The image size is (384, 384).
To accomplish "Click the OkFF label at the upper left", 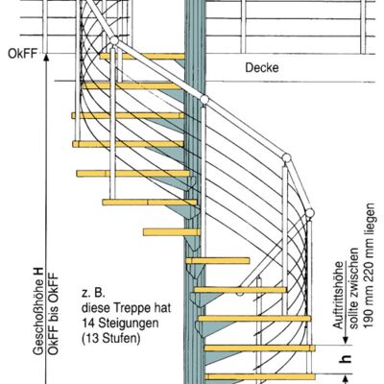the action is tap(23, 54).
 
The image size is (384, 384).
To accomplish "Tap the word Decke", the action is tap(262, 67).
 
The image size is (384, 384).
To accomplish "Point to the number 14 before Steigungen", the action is tap(87, 323).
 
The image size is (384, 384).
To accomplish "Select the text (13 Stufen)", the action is tap(111, 338).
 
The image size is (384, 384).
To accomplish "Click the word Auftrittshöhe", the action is tap(338, 295).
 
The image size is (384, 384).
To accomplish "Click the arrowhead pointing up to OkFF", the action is tap(46, 58).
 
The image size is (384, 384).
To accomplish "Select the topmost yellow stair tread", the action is tap(142, 57).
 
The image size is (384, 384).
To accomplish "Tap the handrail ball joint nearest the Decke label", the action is tap(204, 99).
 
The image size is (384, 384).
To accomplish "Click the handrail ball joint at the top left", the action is tap(114, 40).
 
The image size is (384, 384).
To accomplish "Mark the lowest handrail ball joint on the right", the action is tap(309, 213).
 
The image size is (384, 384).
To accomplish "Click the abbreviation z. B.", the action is tap(93, 293).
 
